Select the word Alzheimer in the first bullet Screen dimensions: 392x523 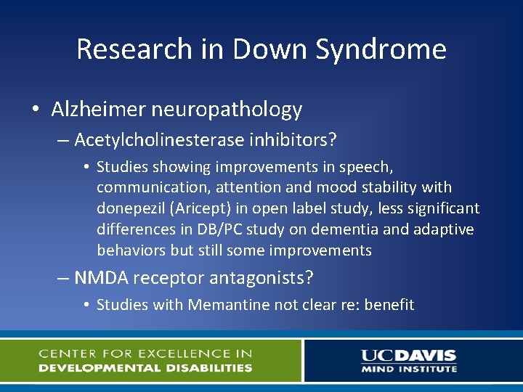point(99,110)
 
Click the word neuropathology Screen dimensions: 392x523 point(227,110)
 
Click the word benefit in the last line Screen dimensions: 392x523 point(389,305)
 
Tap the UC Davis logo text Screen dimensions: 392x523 point(408,355)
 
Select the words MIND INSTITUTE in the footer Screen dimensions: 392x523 point(409,369)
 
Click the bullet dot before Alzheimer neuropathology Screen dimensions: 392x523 point(36,110)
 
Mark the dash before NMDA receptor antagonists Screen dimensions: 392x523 point(62,278)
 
